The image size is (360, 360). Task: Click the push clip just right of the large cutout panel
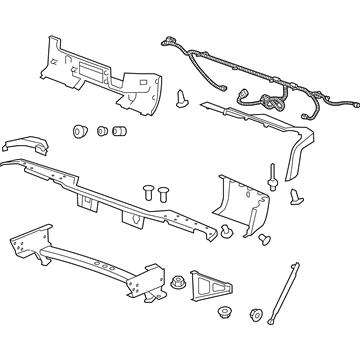tap(182, 97)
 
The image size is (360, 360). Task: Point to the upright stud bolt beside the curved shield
tap(272, 185)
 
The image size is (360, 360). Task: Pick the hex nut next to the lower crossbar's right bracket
tap(178, 281)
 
